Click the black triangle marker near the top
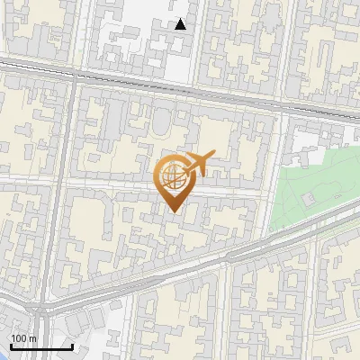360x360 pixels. (181, 24)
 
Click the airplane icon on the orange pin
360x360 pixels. (196, 165)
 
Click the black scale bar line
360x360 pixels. (40, 346)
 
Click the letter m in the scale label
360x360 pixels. (32, 338)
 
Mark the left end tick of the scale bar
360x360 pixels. (10, 345)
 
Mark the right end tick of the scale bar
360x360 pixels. (72, 345)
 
